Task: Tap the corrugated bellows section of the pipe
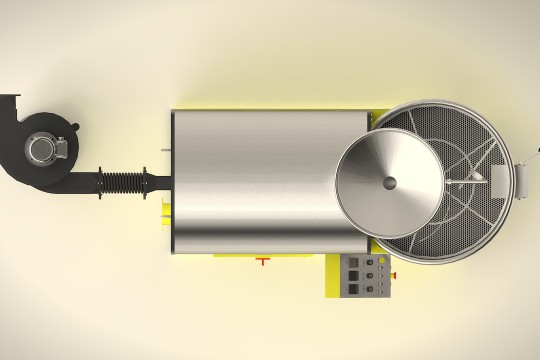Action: (126, 183)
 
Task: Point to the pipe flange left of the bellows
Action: (101, 183)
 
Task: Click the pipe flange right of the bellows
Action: (147, 183)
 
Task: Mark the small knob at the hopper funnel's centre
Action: (389, 183)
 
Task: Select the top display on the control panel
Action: (352, 262)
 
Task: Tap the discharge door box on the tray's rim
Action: (504, 182)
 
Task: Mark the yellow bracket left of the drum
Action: (166, 211)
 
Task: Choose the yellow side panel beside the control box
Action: (330, 275)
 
